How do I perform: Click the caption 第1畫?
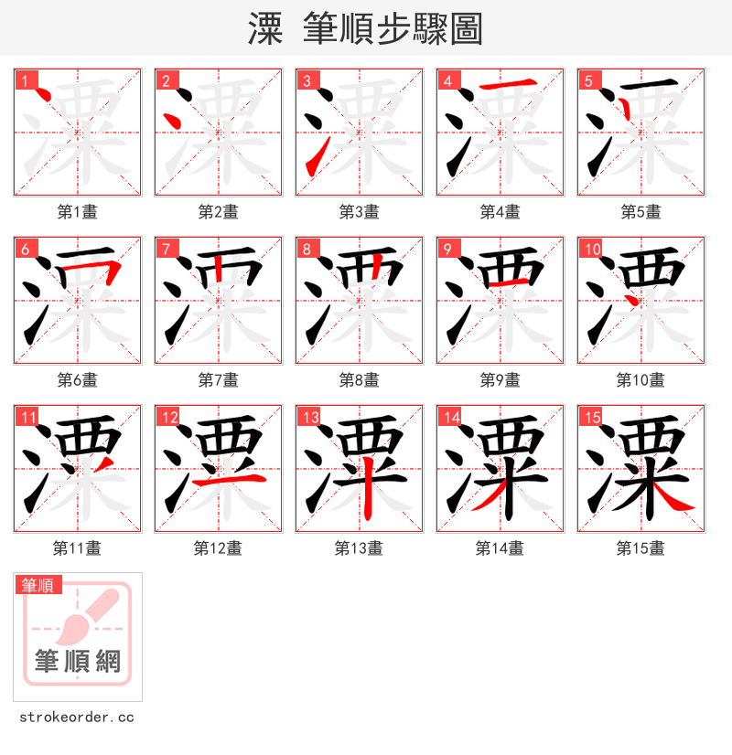coord(78,212)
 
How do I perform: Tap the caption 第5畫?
coord(641,212)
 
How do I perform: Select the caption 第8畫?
coord(360,380)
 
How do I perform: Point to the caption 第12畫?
coord(219,548)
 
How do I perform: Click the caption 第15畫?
coord(641,548)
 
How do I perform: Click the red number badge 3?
coord(307,80)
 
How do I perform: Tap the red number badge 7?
coord(166,249)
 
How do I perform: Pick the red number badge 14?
coord(448,417)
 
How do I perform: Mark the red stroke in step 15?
coord(673,497)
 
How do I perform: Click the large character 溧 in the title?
coord(265,30)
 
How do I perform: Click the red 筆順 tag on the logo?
coord(38,585)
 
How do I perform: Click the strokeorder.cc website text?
coord(76,718)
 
